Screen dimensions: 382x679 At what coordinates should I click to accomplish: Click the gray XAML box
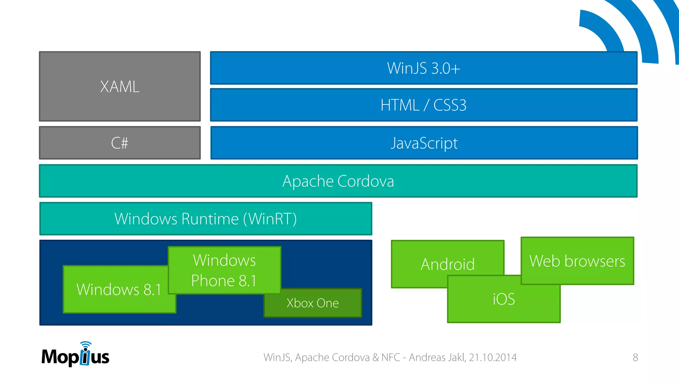click(x=120, y=87)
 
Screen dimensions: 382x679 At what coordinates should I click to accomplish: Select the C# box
click(x=120, y=143)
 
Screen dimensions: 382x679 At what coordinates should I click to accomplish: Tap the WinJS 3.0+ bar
click(x=424, y=68)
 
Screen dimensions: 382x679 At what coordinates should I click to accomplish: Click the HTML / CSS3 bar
click(x=424, y=105)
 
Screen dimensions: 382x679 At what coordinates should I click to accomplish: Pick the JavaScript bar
click(x=424, y=143)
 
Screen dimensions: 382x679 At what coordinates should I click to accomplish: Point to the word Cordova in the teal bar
click(x=366, y=181)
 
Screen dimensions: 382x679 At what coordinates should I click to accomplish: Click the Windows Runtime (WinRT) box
click(x=206, y=219)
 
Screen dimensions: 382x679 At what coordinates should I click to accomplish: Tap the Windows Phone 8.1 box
click(x=224, y=270)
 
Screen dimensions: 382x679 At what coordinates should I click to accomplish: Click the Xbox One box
click(x=313, y=303)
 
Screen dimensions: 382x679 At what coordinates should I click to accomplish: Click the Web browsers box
click(x=577, y=261)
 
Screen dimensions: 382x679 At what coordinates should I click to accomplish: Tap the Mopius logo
click(x=75, y=356)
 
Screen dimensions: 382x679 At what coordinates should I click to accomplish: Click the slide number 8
click(x=635, y=357)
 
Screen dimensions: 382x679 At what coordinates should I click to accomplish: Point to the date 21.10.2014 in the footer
click(x=493, y=357)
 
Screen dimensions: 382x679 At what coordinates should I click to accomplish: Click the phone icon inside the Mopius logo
click(x=85, y=357)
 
